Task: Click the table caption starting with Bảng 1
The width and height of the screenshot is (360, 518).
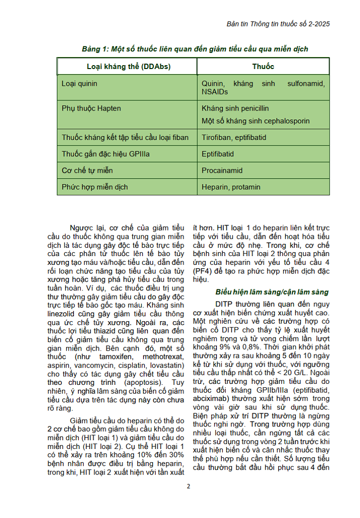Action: click(195, 49)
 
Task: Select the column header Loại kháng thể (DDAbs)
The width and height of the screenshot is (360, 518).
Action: click(128, 67)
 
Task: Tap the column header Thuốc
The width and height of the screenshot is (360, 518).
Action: click(263, 67)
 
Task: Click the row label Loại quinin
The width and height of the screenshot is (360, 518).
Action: click(79, 84)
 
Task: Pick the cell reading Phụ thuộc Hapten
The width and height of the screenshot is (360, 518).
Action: click(91, 108)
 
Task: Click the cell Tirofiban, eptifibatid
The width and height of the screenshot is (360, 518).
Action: click(234, 138)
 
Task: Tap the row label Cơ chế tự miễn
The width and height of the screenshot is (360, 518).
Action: click(87, 171)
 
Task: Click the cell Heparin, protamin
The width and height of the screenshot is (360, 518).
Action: click(231, 187)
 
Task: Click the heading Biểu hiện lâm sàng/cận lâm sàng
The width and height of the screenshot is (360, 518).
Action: click(272, 292)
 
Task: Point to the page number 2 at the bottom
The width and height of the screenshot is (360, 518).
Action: click(189, 486)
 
